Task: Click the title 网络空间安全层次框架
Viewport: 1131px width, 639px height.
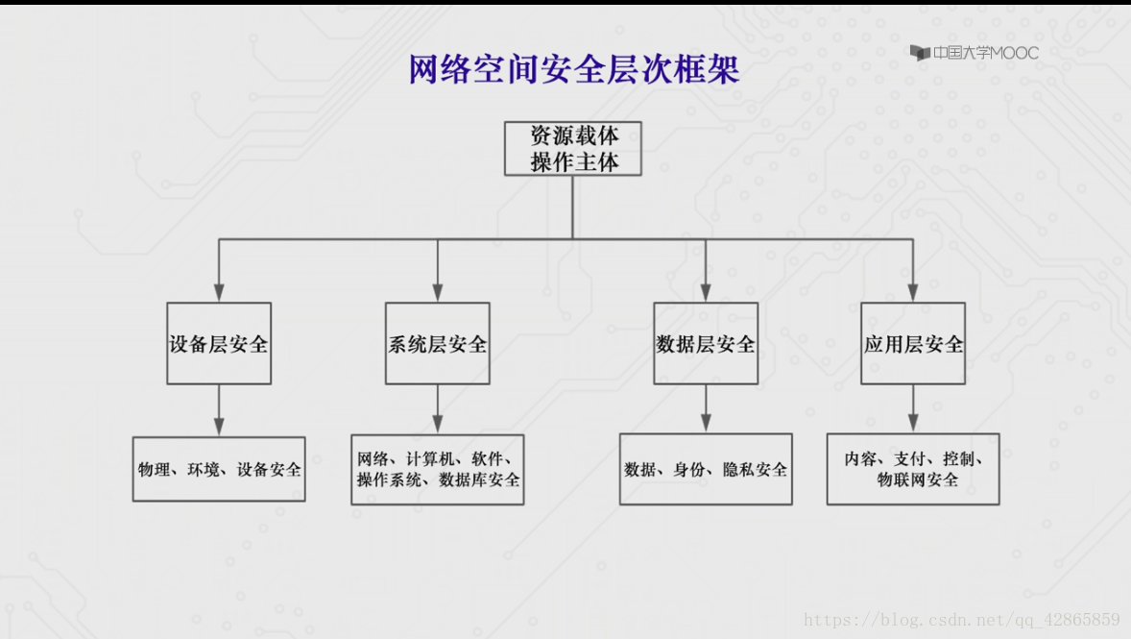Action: [x=574, y=69]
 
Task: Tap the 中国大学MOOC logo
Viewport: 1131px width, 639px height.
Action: [x=974, y=53]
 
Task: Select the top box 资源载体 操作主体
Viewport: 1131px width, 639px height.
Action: [x=573, y=148]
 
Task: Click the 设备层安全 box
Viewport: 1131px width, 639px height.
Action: [x=219, y=344]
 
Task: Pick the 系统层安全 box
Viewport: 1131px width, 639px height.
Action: [x=438, y=344]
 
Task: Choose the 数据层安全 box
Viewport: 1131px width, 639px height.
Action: [x=706, y=344]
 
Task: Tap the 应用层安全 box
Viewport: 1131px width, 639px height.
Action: [x=913, y=344]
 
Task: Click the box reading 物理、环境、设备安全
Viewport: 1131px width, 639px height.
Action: [x=219, y=469]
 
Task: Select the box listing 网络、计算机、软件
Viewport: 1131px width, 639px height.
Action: [x=438, y=469]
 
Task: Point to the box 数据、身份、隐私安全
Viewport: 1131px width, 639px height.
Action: [x=706, y=469]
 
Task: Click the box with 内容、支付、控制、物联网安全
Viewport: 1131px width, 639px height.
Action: [x=913, y=469]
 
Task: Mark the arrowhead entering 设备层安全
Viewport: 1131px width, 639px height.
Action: [x=219, y=292]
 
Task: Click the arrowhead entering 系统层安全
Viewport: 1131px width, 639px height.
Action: [x=438, y=292]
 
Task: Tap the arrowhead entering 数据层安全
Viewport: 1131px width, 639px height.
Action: [x=706, y=292]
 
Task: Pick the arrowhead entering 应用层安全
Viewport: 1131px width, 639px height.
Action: [x=913, y=292]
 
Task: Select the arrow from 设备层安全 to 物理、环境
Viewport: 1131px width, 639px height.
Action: [x=219, y=410]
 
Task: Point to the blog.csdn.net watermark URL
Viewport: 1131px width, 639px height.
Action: [x=961, y=619]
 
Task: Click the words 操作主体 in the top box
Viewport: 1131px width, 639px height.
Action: [x=574, y=162]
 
